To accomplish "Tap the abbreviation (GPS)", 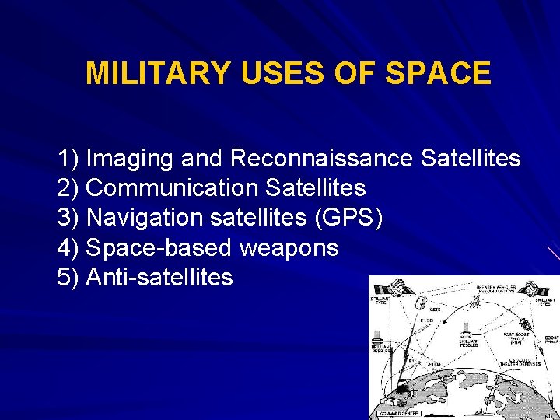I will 348,218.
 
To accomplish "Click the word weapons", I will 289,247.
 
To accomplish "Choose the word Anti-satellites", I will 159,277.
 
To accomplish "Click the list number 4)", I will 68,247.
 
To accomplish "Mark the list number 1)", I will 68,159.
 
